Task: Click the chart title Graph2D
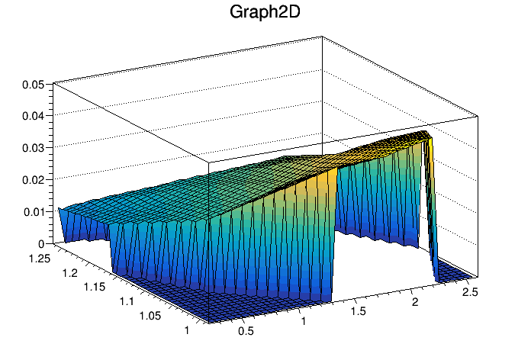(x=265, y=13)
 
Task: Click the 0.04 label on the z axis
(x=32, y=116)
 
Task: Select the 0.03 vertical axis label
(x=32, y=147)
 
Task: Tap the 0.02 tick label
(x=32, y=179)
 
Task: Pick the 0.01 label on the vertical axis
(x=32, y=211)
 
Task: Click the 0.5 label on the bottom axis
(x=246, y=332)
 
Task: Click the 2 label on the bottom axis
(x=416, y=303)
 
